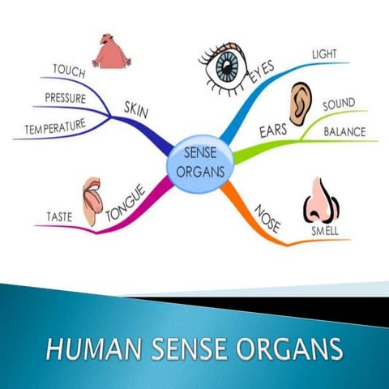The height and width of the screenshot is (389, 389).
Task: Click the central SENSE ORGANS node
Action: click(x=200, y=160)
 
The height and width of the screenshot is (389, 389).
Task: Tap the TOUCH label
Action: click(x=69, y=71)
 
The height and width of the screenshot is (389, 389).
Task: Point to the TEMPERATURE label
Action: click(x=55, y=128)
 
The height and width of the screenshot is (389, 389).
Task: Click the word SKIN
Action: click(x=135, y=107)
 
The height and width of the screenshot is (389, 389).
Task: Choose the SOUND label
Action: click(x=339, y=105)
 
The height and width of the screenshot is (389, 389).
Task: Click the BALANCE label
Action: click(x=344, y=131)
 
